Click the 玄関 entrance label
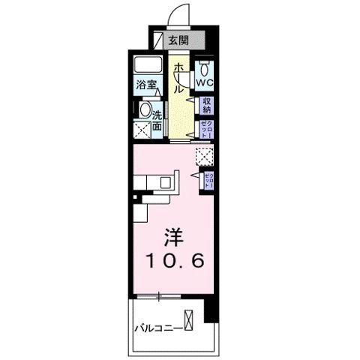pos(178,41)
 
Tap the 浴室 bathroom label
pos(146,85)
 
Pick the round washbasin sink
pos(145,109)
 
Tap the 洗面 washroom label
pos(158,121)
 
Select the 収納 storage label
pos(207,105)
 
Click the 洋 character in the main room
pos(175,237)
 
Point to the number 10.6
pos(175,262)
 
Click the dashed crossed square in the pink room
pos(204,155)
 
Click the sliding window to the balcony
pos(159,297)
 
